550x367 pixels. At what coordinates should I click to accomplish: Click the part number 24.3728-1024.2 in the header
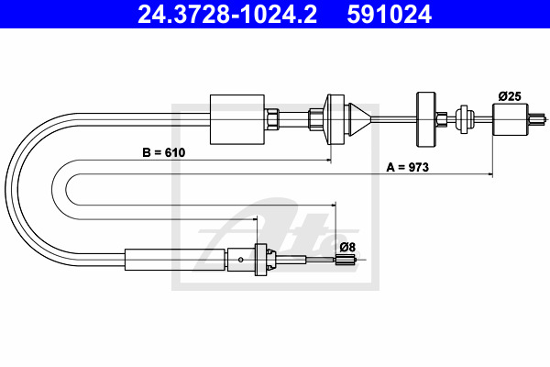(x=227, y=14)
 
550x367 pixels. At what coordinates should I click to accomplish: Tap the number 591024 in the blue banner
(x=389, y=14)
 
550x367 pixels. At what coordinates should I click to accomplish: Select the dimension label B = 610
(x=164, y=152)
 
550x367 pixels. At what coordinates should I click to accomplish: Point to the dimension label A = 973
(x=408, y=167)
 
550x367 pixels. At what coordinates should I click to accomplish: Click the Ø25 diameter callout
(x=510, y=95)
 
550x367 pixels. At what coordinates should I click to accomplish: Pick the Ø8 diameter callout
(x=347, y=247)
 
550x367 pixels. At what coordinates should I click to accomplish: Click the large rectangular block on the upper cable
(x=237, y=119)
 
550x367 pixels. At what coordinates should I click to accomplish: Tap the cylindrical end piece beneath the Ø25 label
(x=511, y=119)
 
